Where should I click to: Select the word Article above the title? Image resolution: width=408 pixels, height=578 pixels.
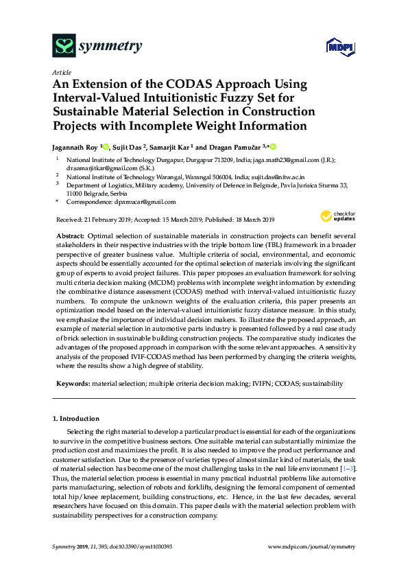(x=61, y=71)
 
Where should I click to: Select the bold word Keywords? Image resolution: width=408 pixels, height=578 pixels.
(x=72, y=383)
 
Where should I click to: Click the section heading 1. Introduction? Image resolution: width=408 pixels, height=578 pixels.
(x=76, y=418)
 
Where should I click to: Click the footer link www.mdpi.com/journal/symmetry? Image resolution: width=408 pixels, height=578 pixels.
(x=311, y=546)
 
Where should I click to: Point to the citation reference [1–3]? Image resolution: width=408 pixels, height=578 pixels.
(x=348, y=467)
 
